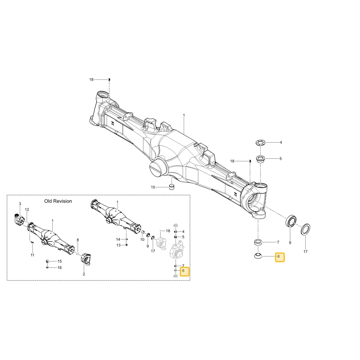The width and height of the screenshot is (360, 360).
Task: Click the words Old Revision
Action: tap(58, 201)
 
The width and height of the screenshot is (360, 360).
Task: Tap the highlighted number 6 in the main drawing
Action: tap(279, 256)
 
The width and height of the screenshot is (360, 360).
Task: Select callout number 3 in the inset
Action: tap(20, 204)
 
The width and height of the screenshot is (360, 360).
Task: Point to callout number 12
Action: tap(27, 210)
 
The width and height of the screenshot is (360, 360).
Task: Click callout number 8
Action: tap(78, 240)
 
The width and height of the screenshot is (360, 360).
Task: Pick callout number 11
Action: tap(33, 255)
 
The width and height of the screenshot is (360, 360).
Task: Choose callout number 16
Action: tap(60, 268)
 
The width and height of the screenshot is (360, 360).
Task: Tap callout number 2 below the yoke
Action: tap(84, 274)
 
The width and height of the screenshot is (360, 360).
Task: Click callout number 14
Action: tap(118, 239)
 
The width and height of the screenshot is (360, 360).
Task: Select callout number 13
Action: tap(118, 245)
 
